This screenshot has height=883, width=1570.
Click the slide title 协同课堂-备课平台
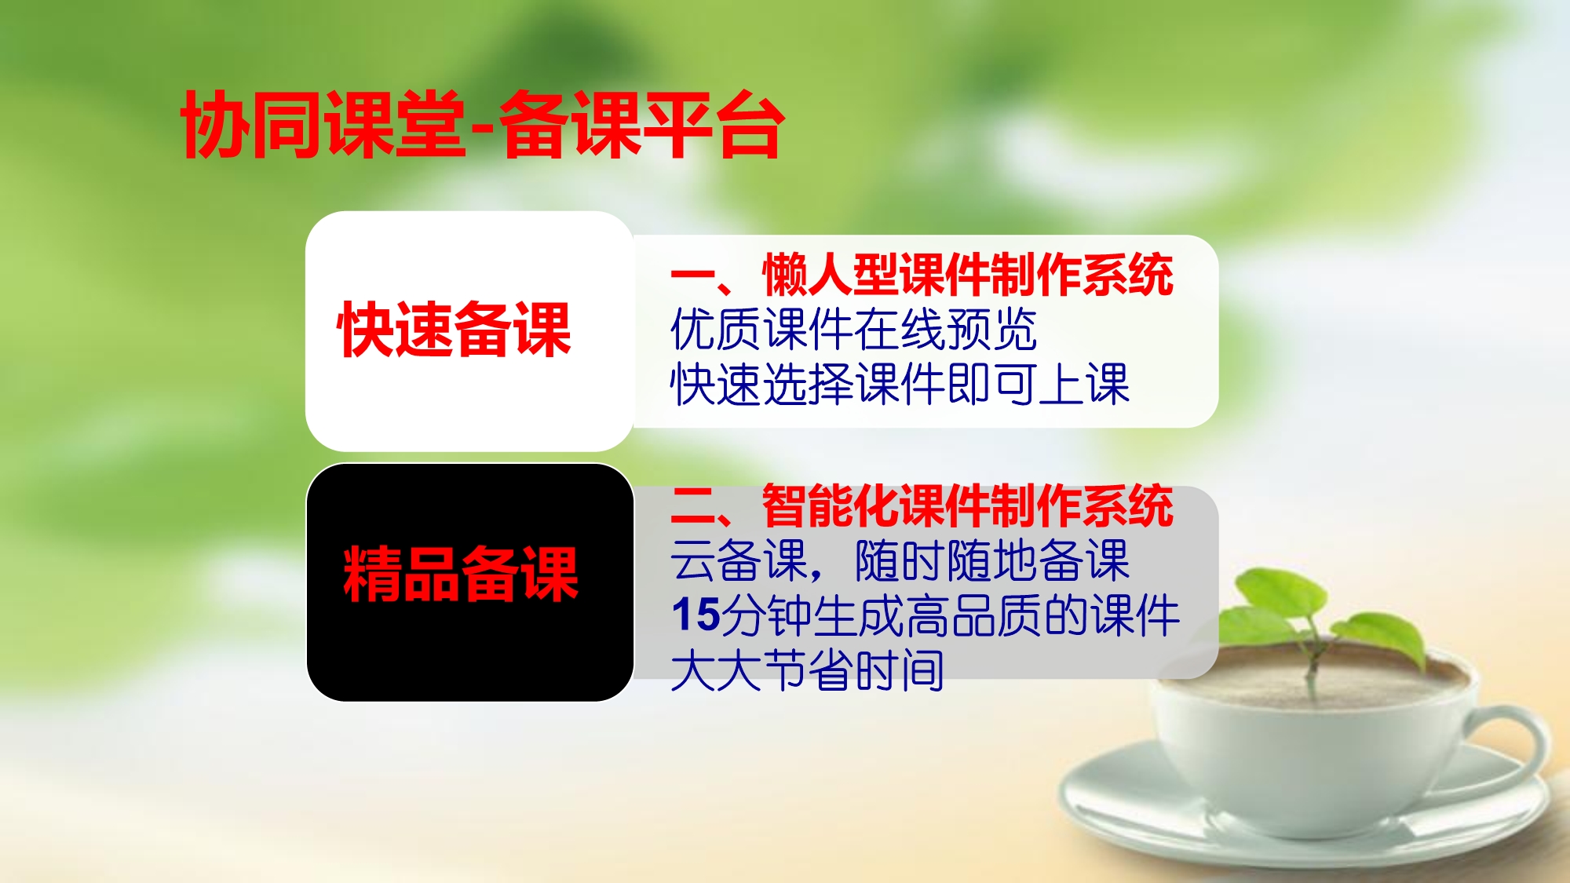tap(482, 125)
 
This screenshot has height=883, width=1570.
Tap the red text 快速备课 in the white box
tap(455, 330)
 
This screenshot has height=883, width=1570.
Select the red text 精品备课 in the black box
tap(461, 574)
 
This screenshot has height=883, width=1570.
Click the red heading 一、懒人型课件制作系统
tap(922, 275)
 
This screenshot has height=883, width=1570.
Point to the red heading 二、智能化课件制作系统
tap(922, 505)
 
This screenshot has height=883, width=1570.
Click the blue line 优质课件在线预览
tap(854, 329)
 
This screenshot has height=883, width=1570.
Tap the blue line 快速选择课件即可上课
tap(900, 384)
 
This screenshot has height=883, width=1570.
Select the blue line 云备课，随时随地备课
tap(900, 560)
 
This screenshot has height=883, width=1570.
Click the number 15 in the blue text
tap(696, 615)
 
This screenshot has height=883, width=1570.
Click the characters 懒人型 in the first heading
tap(831, 275)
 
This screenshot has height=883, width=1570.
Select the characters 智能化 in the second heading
tap(831, 505)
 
